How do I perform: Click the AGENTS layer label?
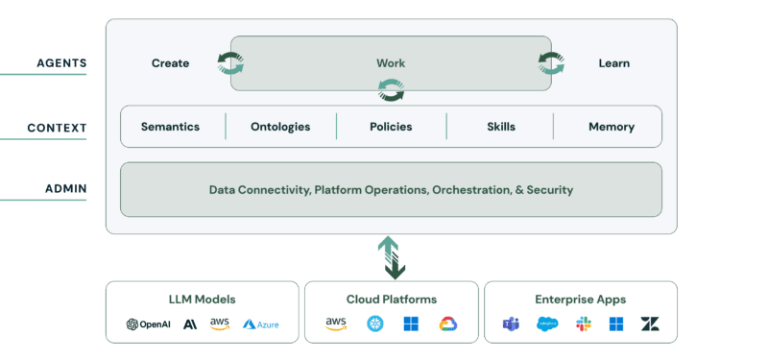(x=61, y=63)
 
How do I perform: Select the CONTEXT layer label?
(x=57, y=129)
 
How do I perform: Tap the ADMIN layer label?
(x=66, y=189)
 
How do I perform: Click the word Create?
(x=170, y=63)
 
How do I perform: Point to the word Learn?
(x=613, y=63)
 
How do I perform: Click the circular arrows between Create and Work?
(x=230, y=63)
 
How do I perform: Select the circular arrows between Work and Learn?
(x=551, y=63)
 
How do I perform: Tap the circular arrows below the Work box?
(x=392, y=90)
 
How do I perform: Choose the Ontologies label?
(x=280, y=127)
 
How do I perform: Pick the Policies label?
(x=391, y=127)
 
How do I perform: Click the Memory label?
(x=612, y=127)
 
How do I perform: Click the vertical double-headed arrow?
(x=392, y=257)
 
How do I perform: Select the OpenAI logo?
(x=149, y=324)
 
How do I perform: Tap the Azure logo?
(x=260, y=324)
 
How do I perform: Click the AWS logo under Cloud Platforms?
(x=336, y=324)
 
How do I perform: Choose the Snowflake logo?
(x=375, y=324)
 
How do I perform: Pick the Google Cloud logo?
(x=448, y=324)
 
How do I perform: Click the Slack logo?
(x=584, y=324)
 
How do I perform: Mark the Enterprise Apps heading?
(x=581, y=300)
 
